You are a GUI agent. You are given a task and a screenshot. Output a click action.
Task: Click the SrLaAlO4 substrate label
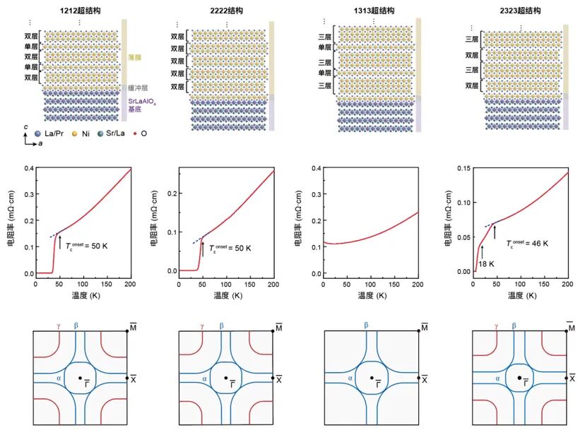pyautogui.click(x=144, y=106)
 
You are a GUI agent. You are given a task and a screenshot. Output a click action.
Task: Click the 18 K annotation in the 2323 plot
pyautogui.click(x=487, y=263)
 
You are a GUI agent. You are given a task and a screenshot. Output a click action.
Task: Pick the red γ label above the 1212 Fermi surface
pyautogui.click(x=57, y=326)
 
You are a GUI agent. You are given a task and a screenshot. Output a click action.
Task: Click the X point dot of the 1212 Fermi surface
pyautogui.click(x=126, y=379)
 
